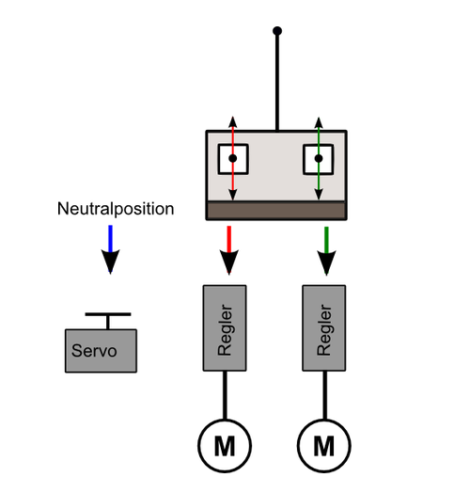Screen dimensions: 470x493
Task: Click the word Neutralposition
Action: pyautogui.click(x=116, y=209)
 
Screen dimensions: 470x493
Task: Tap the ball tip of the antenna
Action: pyautogui.click(x=277, y=31)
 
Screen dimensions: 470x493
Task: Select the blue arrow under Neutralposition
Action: pyautogui.click(x=110, y=249)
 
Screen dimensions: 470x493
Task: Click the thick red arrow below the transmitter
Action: pyautogui.click(x=229, y=250)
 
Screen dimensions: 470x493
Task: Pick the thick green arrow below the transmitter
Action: pyautogui.click(x=326, y=251)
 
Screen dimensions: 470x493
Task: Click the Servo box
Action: pyautogui.click(x=101, y=351)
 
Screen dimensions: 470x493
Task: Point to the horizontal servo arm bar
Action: pyautogui.click(x=108, y=314)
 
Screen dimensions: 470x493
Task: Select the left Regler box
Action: pyautogui.click(x=225, y=328)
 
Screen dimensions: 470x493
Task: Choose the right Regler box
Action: pyautogui.click(x=324, y=328)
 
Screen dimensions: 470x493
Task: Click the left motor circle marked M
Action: pyautogui.click(x=225, y=446)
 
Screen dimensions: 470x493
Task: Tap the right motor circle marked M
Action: pyautogui.click(x=324, y=446)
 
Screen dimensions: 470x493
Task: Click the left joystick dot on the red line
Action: pyautogui.click(x=233, y=158)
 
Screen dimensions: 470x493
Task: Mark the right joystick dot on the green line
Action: pyautogui.click(x=319, y=158)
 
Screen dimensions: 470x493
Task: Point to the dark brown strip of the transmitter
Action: pyautogui.click(x=276, y=211)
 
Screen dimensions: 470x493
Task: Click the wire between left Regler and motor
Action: pyautogui.click(x=225, y=395)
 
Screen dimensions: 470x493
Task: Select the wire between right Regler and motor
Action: pyautogui.click(x=325, y=395)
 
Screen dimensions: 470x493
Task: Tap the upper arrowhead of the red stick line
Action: pyautogui.click(x=233, y=121)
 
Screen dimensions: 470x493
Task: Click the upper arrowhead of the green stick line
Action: pyautogui.click(x=319, y=122)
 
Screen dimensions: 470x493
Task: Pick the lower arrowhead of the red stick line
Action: pyautogui.click(x=233, y=195)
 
